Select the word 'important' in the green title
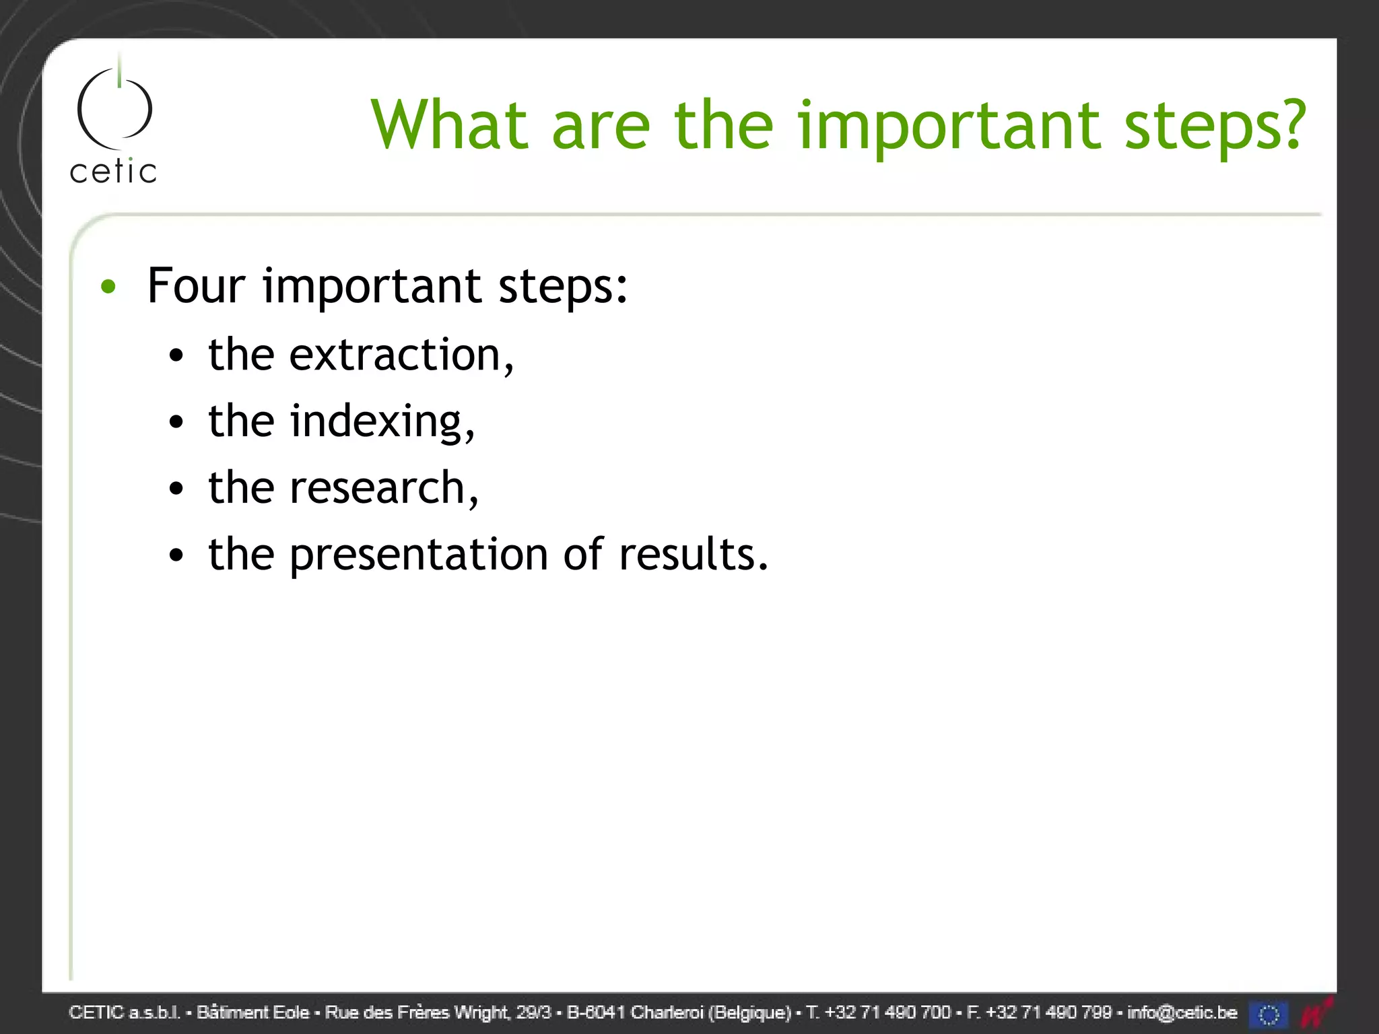coord(949,126)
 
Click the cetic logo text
coord(113,171)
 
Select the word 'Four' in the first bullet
coord(196,285)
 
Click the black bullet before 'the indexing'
coord(176,423)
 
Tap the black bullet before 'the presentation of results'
coord(176,556)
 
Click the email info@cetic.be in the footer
coord(1182,1012)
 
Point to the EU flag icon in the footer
coord(1269,1014)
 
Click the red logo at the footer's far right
coord(1316,1013)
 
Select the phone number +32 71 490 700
coord(887,1012)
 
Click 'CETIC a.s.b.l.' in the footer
coord(125,1012)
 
